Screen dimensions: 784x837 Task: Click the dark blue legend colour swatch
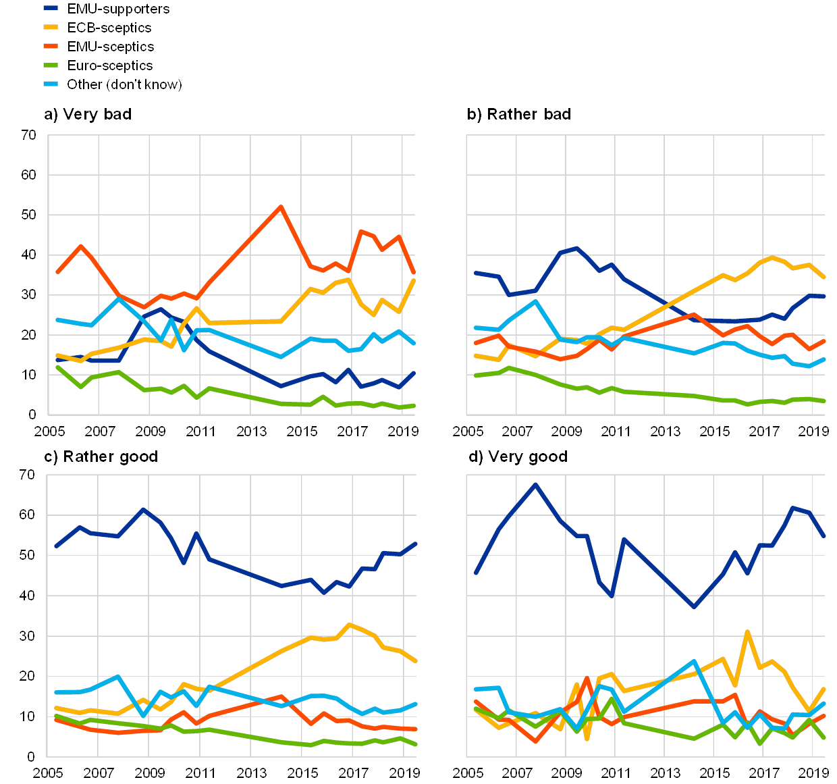coord(50,9)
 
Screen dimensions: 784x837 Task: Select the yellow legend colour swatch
coord(50,28)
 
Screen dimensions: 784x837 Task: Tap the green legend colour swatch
coord(50,66)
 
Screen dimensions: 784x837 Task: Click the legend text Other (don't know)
coord(124,84)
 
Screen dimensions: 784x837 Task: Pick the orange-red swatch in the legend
coord(50,47)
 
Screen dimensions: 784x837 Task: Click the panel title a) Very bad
coord(86,115)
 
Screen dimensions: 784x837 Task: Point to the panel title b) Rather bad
coord(519,115)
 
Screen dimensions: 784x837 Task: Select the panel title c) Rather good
coord(100,457)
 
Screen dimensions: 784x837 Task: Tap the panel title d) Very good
coord(517,457)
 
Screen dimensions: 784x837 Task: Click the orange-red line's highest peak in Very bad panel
coord(281,207)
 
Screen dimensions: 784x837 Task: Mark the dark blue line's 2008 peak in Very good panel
coord(535,484)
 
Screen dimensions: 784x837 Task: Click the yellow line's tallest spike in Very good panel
coord(747,632)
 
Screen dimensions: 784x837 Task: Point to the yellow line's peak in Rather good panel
coord(349,625)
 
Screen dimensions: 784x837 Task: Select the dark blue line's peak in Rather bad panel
coord(576,248)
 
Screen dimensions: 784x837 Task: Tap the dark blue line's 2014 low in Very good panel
coord(694,607)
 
